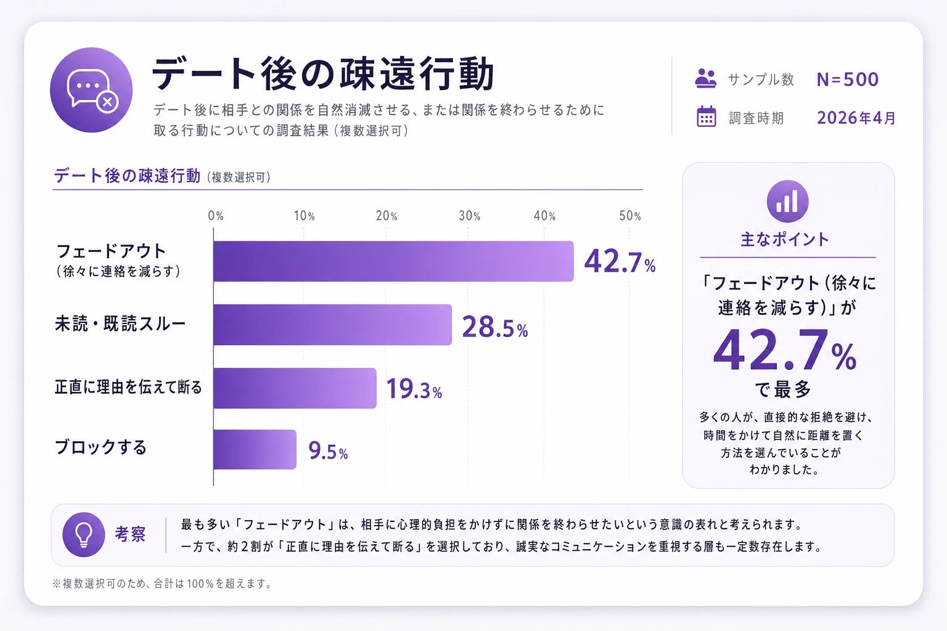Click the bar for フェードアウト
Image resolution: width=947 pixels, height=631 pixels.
coord(393,261)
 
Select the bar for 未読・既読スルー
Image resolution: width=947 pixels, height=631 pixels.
coord(332,325)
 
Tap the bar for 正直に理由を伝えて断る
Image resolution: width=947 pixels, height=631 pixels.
coord(295,388)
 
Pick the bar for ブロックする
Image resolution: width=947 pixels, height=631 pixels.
coord(255,449)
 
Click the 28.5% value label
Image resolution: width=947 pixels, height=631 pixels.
coord(494,327)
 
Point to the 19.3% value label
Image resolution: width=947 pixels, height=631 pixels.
coord(414,389)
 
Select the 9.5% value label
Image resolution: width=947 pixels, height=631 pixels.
coord(328,452)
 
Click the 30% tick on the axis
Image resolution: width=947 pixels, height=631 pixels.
coord(469,216)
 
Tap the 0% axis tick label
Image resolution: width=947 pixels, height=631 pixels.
coord(216,216)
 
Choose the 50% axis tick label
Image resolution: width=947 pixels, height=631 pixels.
coord(630,216)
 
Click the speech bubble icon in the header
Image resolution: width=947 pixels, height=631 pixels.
coord(91,90)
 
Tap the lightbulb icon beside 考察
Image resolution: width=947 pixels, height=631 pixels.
coord(84,534)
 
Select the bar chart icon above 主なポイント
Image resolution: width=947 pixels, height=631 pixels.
coord(787,202)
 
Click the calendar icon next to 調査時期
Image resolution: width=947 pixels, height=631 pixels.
coord(707,117)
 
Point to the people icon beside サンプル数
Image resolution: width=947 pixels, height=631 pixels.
coord(706,79)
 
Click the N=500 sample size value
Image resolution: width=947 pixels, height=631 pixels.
coord(847,79)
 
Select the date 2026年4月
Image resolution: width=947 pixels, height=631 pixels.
coord(856,118)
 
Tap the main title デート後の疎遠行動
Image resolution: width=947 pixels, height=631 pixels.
coord(323,74)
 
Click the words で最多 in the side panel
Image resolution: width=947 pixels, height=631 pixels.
coord(783,389)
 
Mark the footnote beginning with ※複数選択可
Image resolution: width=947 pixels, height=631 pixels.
coord(163,584)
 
